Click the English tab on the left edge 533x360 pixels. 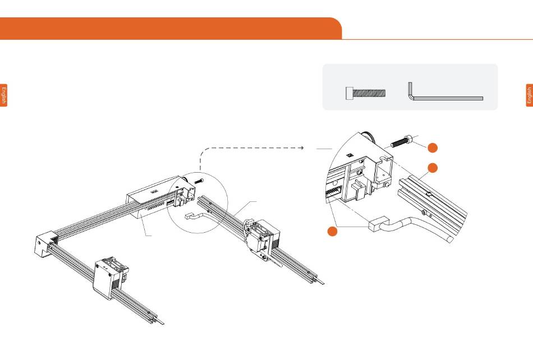(3, 95)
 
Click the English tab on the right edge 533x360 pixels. (529, 95)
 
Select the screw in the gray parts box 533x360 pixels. (366, 93)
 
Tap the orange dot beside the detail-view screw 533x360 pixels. (433, 147)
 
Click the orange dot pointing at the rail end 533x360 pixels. (433, 168)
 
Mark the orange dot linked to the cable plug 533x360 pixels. (332, 231)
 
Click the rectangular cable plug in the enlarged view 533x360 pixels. (378, 224)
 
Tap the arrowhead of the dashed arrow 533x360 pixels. (302, 147)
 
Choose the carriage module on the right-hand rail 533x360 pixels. (263, 241)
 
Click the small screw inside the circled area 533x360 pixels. (199, 181)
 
